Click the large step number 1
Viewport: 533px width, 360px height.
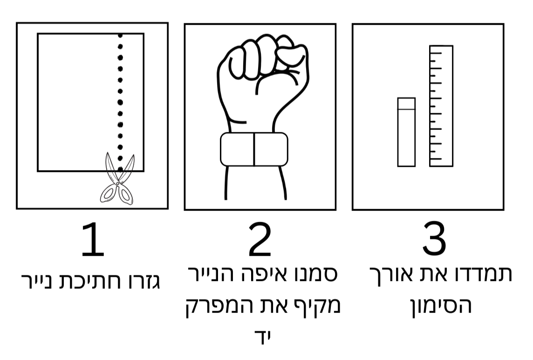click(93, 239)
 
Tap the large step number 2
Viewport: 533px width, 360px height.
click(260, 239)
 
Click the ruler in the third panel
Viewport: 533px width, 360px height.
click(441, 106)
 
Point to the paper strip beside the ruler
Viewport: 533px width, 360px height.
click(407, 132)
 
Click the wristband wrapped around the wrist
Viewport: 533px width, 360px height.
click(254, 149)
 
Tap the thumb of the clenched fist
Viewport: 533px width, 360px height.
click(291, 54)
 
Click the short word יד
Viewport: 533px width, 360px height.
click(264, 335)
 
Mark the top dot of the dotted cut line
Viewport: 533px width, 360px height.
click(120, 35)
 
